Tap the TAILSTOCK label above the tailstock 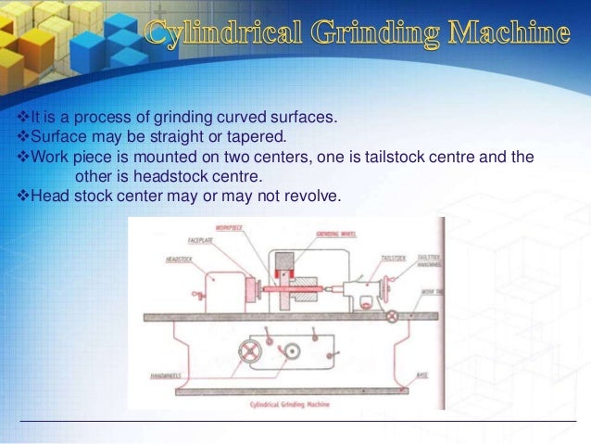click(x=394, y=256)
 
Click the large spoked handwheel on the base click(x=249, y=352)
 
